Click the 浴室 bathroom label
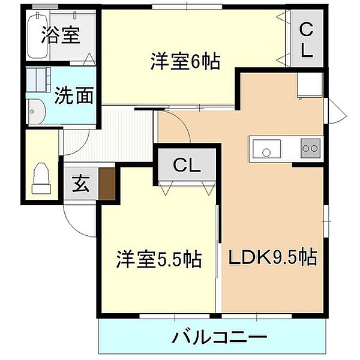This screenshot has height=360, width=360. [x=60, y=35]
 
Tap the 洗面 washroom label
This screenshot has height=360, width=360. [x=74, y=95]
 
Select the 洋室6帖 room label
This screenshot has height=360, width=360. [x=185, y=61]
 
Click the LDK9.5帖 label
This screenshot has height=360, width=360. [x=272, y=259]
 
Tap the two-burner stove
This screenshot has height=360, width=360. [x=310, y=148]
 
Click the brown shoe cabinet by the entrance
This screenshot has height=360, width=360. [x=107, y=184]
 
